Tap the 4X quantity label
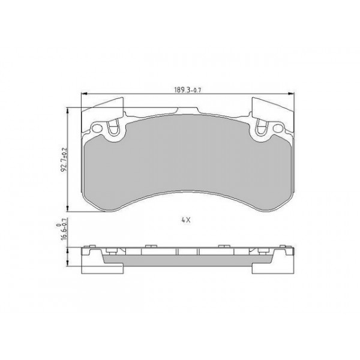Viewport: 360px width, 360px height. pos(185,220)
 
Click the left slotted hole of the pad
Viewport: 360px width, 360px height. pos(112,128)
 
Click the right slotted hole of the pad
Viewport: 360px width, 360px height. pos(261,128)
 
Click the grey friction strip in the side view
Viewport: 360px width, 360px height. pos(186,259)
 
